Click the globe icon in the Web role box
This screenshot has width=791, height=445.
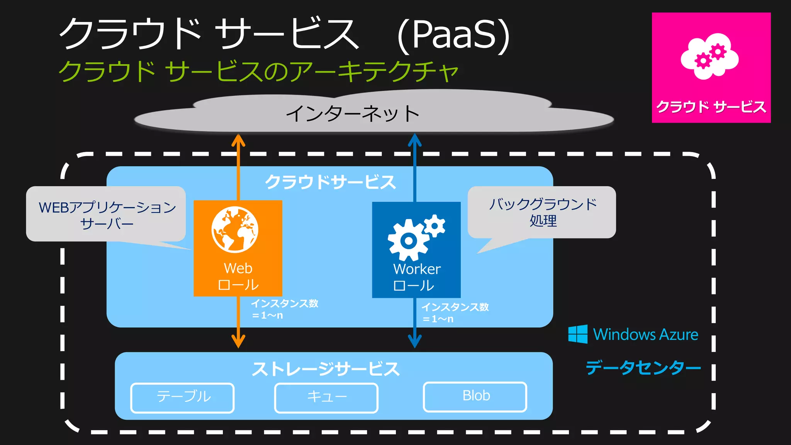(x=235, y=229)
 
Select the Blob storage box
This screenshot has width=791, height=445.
(x=475, y=396)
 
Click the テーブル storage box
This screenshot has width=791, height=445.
(x=183, y=397)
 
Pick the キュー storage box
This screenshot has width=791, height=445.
(x=326, y=397)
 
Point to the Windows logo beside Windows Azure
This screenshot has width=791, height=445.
(x=578, y=334)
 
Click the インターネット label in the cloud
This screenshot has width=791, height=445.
(x=352, y=114)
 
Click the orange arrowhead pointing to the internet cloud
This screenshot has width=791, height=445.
(x=238, y=140)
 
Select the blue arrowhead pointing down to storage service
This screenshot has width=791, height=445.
(x=415, y=341)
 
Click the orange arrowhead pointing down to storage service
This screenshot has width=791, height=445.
(x=238, y=341)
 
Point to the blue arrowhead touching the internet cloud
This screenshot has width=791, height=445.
(x=415, y=139)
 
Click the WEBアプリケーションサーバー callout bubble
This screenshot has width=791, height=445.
(x=106, y=214)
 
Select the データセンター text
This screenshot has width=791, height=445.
(x=643, y=367)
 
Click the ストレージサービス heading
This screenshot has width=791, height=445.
(x=326, y=369)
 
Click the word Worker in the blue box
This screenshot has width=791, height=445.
(x=417, y=269)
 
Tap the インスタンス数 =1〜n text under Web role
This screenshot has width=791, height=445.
(x=284, y=309)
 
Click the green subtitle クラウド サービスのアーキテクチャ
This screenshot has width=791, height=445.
(x=258, y=71)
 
